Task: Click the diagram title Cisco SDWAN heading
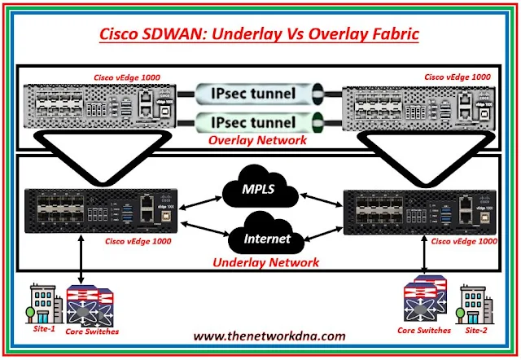coord(260,35)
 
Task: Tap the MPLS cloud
coord(260,189)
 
